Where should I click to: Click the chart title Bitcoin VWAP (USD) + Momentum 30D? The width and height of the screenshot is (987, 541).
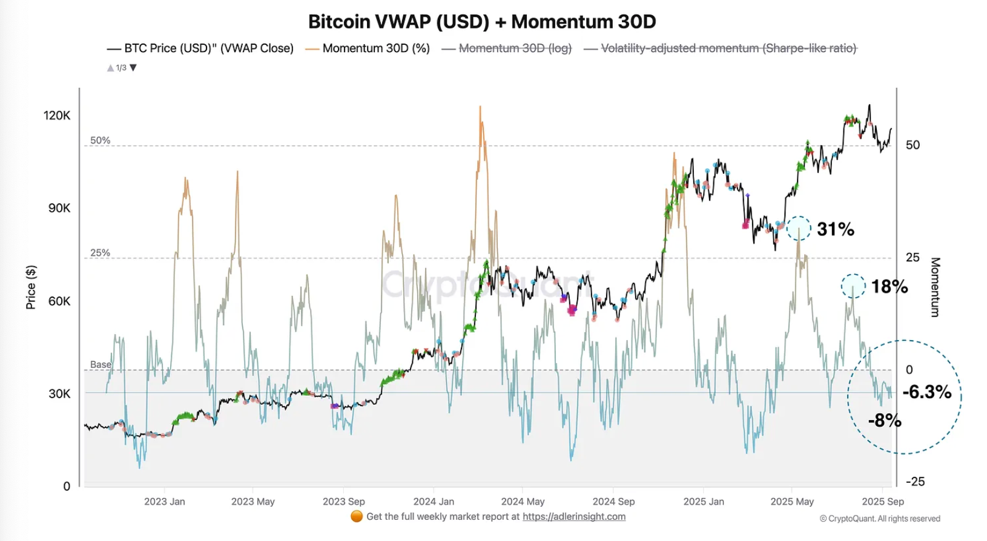(482, 22)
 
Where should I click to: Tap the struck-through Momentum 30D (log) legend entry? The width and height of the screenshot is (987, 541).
(515, 48)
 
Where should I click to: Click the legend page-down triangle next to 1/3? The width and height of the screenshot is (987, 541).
(133, 68)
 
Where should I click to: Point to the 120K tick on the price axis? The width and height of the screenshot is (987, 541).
(57, 116)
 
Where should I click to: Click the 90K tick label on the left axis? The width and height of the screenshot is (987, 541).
(59, 208)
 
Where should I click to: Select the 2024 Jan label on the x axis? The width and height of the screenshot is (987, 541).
(434, 502)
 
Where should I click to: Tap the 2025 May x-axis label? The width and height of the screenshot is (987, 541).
(792, 502)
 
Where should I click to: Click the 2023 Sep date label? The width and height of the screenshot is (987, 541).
(343, 502)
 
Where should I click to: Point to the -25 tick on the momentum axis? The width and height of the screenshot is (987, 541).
(915, 482)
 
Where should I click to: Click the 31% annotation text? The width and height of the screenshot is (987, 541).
(836, 229)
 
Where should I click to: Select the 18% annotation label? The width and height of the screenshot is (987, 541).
(890, 286)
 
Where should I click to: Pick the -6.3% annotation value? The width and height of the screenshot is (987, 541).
(927, 392)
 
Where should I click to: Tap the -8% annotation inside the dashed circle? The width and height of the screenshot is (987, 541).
(885, 421)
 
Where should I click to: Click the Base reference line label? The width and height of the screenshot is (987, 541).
(101, 365)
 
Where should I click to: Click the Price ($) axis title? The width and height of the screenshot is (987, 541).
(31, 287)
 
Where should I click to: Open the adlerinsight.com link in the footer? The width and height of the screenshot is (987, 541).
(574, 517)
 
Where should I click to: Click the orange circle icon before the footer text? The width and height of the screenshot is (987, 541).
(357, 517)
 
